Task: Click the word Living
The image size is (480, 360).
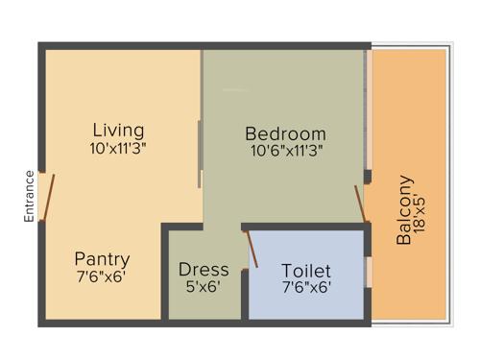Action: pos(119,130)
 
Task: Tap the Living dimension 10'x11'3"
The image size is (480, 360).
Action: pos(119,149)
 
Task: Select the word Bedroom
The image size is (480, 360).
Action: pos(285,133)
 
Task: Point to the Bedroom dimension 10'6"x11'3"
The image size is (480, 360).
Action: pos(285,151)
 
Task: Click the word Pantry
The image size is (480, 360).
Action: pos(102,259)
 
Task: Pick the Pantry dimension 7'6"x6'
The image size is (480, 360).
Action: pos(101,276)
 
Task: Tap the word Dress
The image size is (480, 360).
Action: pos(204,270)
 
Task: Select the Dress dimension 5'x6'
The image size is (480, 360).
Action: pos(204,286)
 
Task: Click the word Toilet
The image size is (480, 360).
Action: pos(306,271)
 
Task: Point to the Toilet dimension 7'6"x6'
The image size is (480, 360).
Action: pos(306,286)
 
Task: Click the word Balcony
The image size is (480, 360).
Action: pos(404,209)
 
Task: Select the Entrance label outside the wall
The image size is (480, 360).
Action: pos(30,197)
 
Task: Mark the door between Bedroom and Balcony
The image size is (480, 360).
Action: pos(360,203)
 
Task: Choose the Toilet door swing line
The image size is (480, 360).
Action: pos(253,248)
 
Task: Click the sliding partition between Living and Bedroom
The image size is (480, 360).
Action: pos(200,154)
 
